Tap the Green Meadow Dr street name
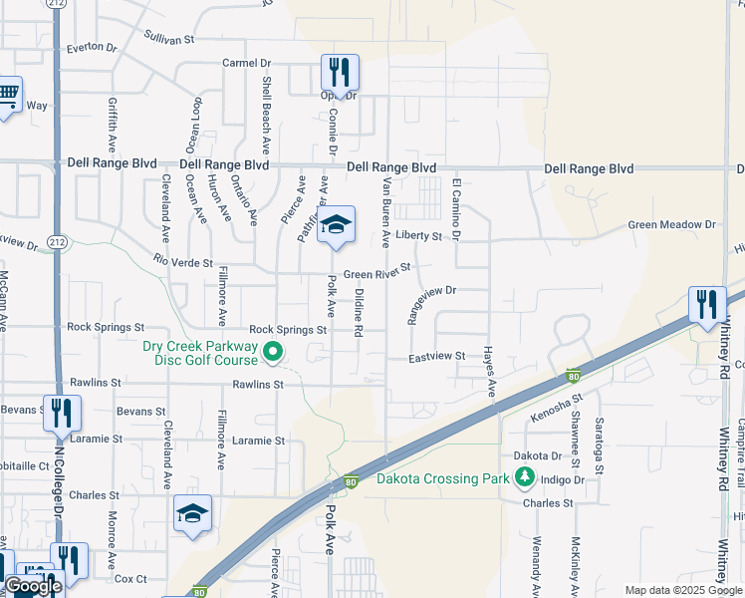[x=672, y=225]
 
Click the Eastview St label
[x=437, y=356]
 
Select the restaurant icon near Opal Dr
[x=340, y=73]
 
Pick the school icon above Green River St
[x=337, y=225]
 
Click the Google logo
[x=32, y=586]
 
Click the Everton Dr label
[x=91, y=47]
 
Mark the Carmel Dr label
[x=246, y=63]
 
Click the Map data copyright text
[x=682, y=590]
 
